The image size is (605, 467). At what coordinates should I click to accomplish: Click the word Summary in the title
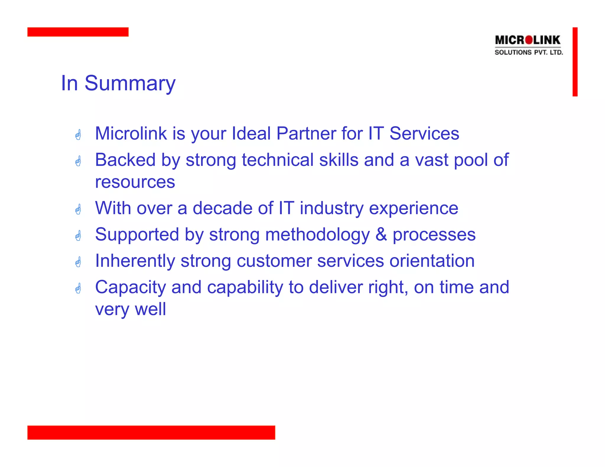130,84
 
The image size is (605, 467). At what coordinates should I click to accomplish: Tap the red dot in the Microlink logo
529,40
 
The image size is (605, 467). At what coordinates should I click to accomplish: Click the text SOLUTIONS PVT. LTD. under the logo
529,53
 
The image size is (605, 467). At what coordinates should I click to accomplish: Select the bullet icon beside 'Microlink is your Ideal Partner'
78,135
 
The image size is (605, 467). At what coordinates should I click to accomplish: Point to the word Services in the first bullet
424,133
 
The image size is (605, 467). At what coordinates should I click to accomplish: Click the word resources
135,182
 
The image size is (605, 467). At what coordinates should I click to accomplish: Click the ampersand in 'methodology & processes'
381,234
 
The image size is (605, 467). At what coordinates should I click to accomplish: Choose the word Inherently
135,261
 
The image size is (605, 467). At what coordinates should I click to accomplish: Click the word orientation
432,261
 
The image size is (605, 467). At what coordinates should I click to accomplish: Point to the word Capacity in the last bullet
130,288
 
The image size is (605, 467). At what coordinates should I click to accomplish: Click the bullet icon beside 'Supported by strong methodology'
78,236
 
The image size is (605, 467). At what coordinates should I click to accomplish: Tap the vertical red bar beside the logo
575,62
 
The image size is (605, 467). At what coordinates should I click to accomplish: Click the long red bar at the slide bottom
151,432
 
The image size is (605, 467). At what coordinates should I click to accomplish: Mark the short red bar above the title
78,32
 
